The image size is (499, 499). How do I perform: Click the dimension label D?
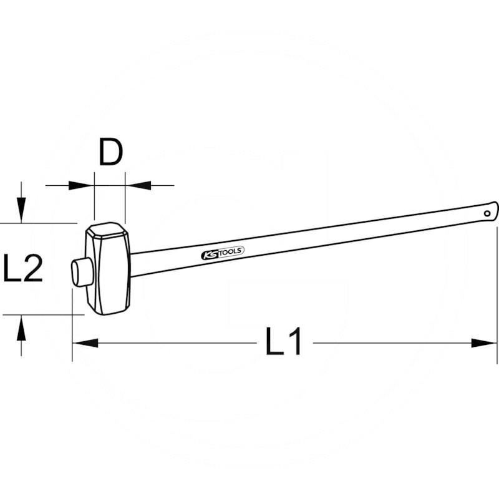(x=110, y=153)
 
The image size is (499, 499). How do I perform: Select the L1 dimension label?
(x=284, y=342)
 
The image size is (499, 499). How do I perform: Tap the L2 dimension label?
(x=22, y=269)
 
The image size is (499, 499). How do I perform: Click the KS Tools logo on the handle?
(x=223, y=253)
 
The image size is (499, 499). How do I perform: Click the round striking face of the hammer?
(x=79, y=273)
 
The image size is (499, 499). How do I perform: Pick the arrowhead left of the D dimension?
(x=82, y=185)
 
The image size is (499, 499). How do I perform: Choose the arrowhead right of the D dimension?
(x=138, y=185)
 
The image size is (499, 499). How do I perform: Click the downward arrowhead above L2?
(x=22, y=209)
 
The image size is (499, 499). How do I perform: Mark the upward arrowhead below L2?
(x=22, y=328)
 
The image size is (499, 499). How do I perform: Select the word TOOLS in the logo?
(x=230, y=251)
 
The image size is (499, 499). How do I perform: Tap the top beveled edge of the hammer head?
(x=108, y=228)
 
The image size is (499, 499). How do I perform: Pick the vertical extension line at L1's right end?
(x=497, y=293)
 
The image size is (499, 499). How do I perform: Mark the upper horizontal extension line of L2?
(x=37, y=223)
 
